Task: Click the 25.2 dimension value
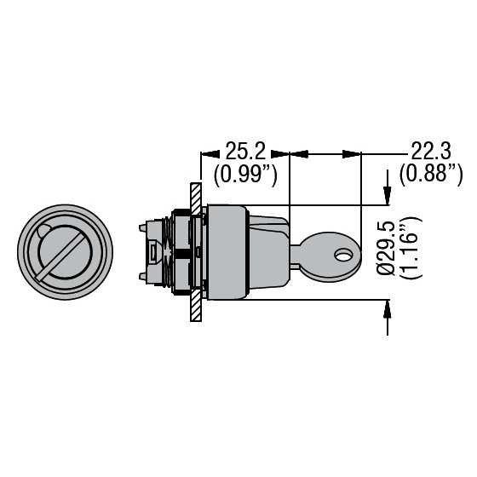[x=245, y=151]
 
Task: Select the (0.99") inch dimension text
[x=245, y=175]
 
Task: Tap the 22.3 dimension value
[x=431, y=151]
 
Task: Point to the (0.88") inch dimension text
[x=431, y=175]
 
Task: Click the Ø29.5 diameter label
[x=386, y=248]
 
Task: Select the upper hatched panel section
[x=196, y=198]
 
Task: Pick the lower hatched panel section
[x=196, y=305]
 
